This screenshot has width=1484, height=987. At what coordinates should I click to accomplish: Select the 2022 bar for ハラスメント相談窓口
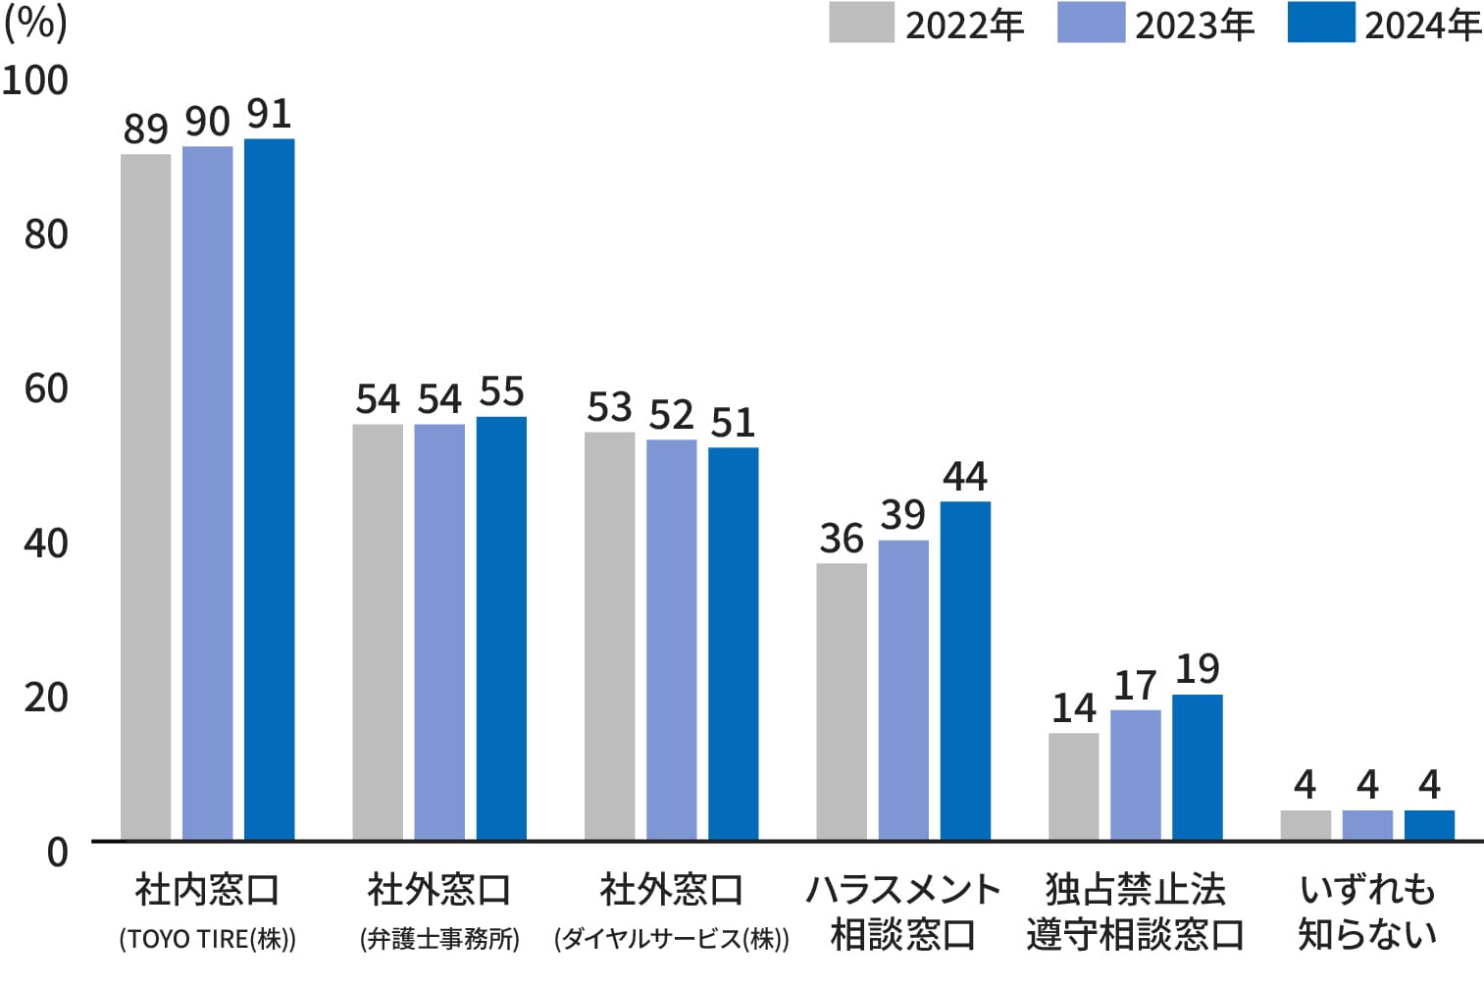[842, 701]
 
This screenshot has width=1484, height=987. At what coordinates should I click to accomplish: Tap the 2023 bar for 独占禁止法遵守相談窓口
[1135, 774]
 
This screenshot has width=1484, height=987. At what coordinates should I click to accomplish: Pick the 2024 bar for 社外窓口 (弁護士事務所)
[501, 628]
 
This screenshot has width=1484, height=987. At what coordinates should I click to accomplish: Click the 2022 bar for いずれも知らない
[1305, 825]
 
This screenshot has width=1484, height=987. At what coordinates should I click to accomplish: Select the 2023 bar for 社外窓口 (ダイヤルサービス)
[672, 640]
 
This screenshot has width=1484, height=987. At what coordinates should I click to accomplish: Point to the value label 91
[269, 115]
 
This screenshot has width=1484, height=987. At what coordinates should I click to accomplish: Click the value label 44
[965, 477]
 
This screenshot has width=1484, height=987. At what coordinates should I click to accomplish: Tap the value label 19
[1197, 670]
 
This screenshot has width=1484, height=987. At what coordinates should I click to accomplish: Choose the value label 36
[842, 539]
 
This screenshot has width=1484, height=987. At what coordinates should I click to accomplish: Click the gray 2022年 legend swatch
[861, 23]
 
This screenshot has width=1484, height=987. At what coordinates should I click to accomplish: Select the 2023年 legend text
[1195, 25]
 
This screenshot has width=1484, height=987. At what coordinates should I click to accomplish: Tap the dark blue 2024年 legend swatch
[1320, 23]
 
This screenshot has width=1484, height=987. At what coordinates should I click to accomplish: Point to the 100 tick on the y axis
[35, 80]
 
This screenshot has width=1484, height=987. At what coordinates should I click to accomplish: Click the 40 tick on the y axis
[46, 543]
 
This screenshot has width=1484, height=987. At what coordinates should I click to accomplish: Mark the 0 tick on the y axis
[58, 851]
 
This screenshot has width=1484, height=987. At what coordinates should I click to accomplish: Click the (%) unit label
[35, 22]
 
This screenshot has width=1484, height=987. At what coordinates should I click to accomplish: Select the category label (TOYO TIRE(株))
[207, 939]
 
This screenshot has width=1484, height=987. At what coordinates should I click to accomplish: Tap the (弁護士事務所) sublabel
[439, 939]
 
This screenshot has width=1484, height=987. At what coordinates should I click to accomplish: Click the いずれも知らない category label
[1367, 912]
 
